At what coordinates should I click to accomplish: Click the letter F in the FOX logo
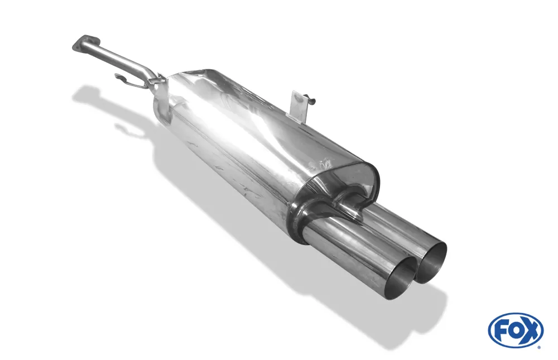pyautogui.click(x=502, y=330)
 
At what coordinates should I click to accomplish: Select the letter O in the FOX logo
pyautogui.click(x=515, y=330)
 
